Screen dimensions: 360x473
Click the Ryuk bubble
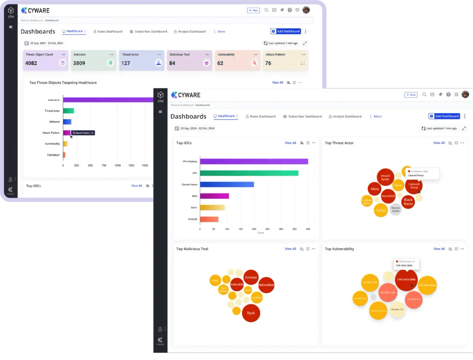pyautogui.click(x=251, y=313)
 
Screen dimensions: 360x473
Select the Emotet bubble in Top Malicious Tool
pyautogui.click(x=251, y=278)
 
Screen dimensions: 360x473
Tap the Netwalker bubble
pyautogui.click(x=266, y=285)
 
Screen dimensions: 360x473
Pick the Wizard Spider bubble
pyautogui.click(x=385, y=177)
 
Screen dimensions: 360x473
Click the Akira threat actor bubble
pyautogui.click(x=374, y=189)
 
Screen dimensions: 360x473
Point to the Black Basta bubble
pyautogui.click(x=408, y=201)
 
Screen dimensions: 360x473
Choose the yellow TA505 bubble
pyautogui.click(x=381, y=211)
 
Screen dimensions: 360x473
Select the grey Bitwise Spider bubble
pyautogui.click(x=395, y=209)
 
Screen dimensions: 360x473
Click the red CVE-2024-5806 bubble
pyautogui.click(x=406, y=279)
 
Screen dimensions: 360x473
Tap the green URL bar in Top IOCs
pyautogui.click(x=249, y=173)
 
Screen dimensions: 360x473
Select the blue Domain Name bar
pyautogui.click(x=227, y=184)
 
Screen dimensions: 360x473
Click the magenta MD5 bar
pyautogui.click(x=214, y=196)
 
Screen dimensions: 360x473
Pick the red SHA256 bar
pyautogui.click(x=209, y=219)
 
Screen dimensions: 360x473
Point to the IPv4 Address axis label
pyautogui.click(x=190, y=162)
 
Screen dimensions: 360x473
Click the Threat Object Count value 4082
pyautogui.click(x=31, y=63)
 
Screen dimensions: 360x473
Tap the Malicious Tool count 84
pyautogui.click(x=172, y=63)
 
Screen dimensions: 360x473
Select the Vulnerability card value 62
pyautogui.click(x=220, y=63)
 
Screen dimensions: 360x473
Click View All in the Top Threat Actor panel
pyautogui.click(x=439, y=143)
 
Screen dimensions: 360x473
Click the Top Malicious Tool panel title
pyautogui.click(x=192, y=249)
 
